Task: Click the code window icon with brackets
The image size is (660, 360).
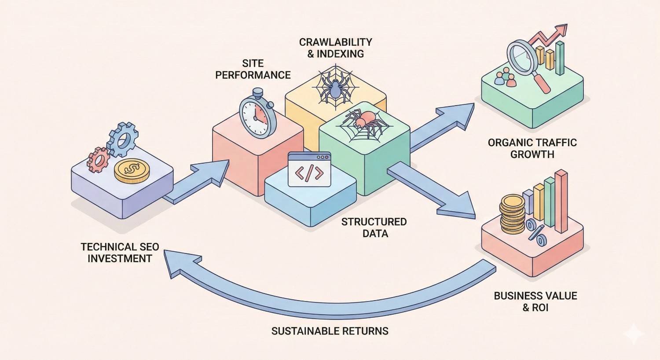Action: (309, 170)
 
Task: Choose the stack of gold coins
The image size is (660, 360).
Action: (512, 215)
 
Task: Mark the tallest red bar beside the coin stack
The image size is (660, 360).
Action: (561, 201)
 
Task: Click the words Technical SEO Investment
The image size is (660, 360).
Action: (120, 252)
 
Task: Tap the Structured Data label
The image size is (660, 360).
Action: (374, 227)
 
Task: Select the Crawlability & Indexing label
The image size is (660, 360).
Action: (335, 48)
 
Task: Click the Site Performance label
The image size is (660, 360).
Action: (253, 69)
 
